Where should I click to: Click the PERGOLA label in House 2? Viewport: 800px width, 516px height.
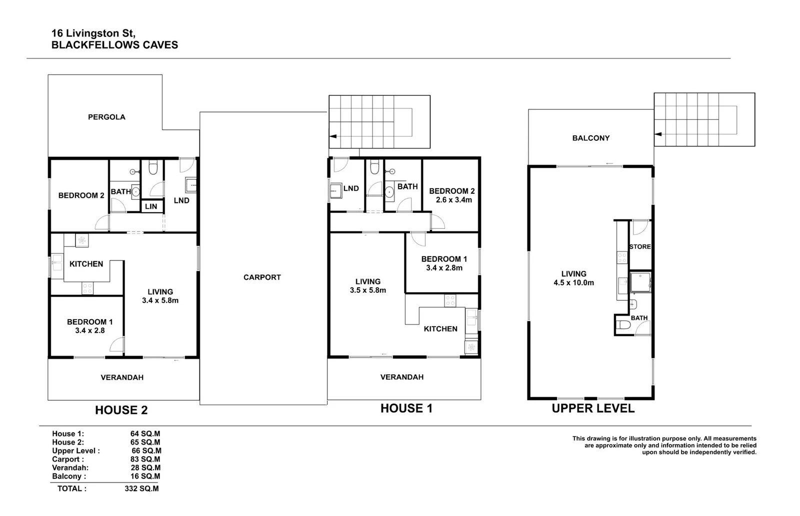pos(106,117)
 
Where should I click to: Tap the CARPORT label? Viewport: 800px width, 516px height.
pos(262,277)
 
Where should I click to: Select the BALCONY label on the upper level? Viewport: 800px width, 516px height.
pos(590,138)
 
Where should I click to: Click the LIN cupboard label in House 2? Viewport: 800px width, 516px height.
pos(151,206)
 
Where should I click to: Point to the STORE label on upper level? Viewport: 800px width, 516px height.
pos(639,247)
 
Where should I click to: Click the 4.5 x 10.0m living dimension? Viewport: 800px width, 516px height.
pos(573,283)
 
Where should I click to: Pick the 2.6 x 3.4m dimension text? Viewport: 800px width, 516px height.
pos(451,200)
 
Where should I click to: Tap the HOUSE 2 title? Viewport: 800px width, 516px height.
pos(121,410)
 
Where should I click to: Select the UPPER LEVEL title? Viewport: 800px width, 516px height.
pos(593,408)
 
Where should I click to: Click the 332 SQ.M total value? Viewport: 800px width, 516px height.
pos(141,489)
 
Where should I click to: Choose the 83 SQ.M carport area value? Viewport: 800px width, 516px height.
pos(145,459)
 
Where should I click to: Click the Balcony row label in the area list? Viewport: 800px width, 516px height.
pos(68,476)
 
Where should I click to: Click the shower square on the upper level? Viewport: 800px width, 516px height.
pos(640,283)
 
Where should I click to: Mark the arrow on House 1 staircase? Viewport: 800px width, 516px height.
pos(332,136)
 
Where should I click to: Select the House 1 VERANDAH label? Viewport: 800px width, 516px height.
pos(401,377)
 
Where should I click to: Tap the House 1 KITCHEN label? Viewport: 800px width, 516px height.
pos(440,329)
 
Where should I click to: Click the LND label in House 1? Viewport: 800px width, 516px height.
pos(351,188)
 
